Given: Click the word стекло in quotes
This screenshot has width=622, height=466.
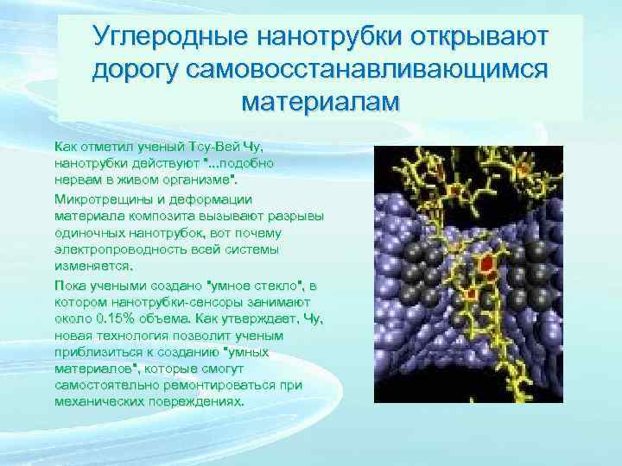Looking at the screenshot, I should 282,284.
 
